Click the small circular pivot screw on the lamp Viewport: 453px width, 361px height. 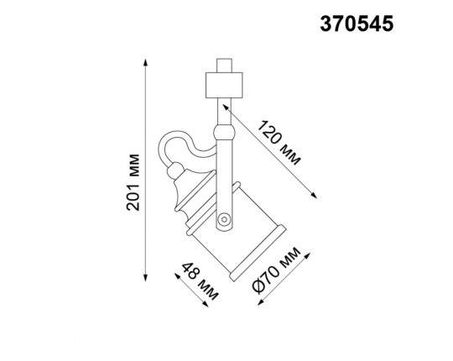[222, 220]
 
